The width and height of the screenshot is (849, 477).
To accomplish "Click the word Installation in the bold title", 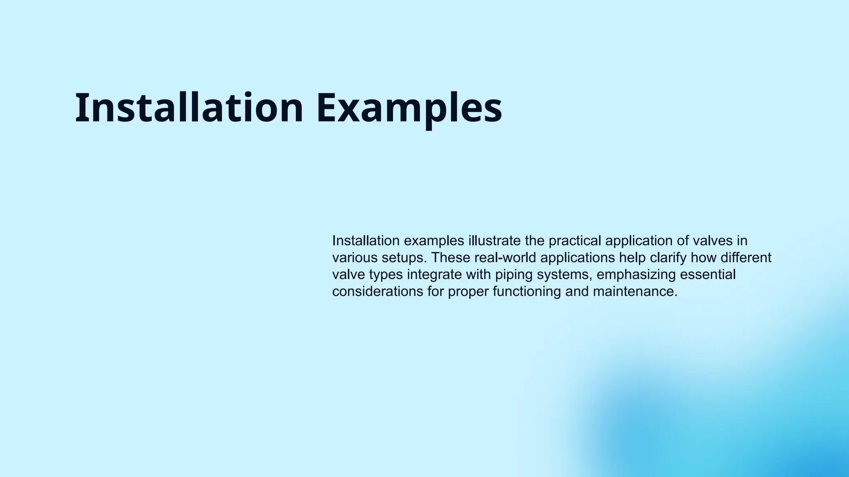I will (189, 108).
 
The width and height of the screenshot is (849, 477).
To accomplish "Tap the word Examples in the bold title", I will (409, 108).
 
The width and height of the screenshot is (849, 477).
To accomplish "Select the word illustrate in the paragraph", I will (494, 241).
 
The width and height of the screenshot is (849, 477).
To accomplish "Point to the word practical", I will (575, 241).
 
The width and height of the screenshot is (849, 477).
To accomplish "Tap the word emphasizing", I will (636, 275).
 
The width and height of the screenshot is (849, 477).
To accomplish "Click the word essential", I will (708, 275).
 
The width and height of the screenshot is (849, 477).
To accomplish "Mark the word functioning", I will (526, 291).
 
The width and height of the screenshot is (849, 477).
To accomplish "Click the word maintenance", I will (635, 291).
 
